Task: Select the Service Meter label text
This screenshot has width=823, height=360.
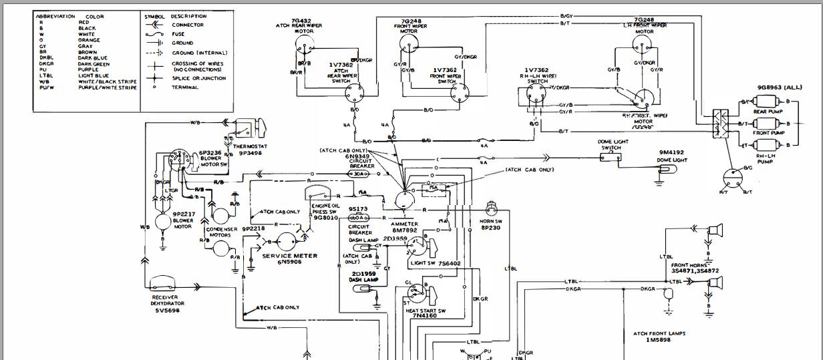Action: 289,256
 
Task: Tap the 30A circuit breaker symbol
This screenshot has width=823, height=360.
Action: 359,173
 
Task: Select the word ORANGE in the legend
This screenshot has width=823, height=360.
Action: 89,40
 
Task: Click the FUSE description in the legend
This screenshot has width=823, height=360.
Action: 178,34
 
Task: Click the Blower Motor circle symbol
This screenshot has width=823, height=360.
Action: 162,222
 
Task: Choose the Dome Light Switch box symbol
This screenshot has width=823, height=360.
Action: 610,156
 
